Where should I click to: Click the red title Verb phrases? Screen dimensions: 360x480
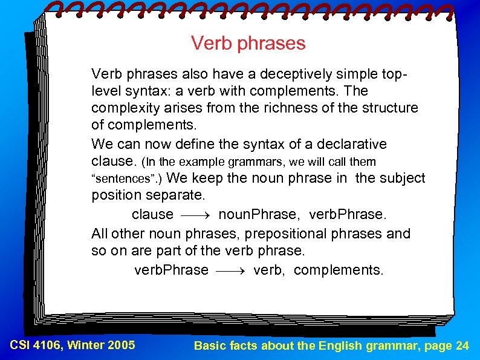coord(248,44)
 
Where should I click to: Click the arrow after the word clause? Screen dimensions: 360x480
coord(195,215)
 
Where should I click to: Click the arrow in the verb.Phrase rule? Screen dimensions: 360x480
coord(230,270)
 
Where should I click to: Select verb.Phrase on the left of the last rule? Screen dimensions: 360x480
coord(171,270)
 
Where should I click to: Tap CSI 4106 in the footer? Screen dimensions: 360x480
coord(36,345)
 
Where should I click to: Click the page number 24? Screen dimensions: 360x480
coord(462,346)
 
